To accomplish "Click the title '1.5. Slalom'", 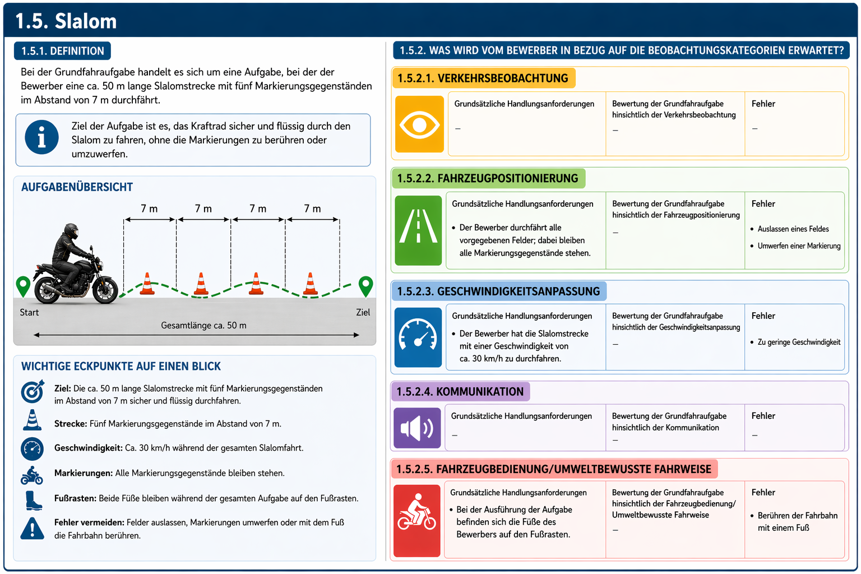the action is coord(66,21).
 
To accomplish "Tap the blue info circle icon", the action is coord(41,137).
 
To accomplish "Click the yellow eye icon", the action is coord(419,124).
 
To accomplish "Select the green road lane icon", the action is coord(418,230).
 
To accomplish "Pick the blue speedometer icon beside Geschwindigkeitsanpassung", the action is coord(418,337).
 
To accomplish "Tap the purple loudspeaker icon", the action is coord(417,428).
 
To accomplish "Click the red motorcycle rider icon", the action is coord(416,521).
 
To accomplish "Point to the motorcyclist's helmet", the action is coord(72,232).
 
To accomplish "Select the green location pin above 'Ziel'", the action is coord(365,286).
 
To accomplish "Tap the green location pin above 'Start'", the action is coord(23,286).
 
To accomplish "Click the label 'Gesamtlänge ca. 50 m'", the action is coord(203,325).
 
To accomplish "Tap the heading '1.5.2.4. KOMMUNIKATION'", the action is coord(460,391).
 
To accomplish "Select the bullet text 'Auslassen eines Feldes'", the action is coord(793,229).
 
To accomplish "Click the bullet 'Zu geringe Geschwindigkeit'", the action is coord(799,342).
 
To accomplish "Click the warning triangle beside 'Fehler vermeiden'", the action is coord(32,529).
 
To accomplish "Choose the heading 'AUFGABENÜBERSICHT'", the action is coord(77,187).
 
